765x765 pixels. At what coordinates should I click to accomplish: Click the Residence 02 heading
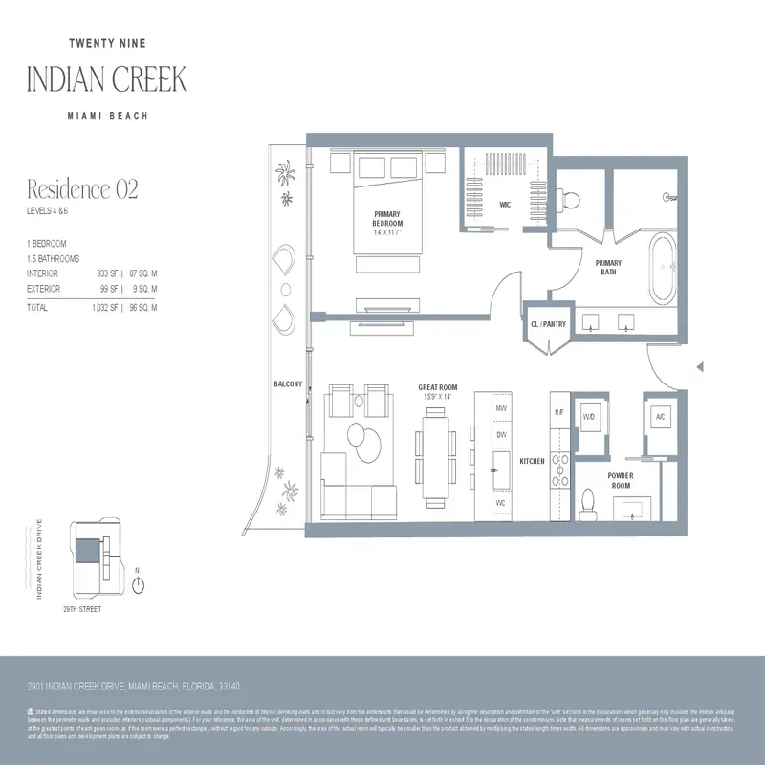click(x=82, y=189)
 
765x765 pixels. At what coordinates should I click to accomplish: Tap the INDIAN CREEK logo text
click(x=106, y=78)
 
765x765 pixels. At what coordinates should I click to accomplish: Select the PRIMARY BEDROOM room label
click(x=387, y=219)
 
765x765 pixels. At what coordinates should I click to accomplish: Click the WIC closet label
click(x=506, y=205)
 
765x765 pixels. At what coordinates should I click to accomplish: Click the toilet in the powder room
click(x=589, y=500)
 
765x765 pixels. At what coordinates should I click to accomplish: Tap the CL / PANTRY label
click(x=548, y=324)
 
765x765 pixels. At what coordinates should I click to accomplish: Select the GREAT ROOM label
click(x=440, y=388)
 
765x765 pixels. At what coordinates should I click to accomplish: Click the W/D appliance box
click(x=589, y=418)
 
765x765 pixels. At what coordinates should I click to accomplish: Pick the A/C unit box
click(x=660, y=418)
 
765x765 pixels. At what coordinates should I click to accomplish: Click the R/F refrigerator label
click(x=559, y=412)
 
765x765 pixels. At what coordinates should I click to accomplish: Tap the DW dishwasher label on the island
click(x=500, y=434)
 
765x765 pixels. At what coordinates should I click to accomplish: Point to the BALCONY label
click(x=287, y=384)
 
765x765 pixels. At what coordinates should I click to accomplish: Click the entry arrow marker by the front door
click(x=700, y=367)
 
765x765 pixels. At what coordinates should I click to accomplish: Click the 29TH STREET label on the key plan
click(x=82, y=608)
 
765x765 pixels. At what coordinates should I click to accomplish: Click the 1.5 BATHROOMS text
click(x=53, y=259)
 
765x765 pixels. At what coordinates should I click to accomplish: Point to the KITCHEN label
click(x=532, y=461)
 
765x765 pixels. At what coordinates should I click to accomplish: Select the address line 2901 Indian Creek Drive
click(x=134, y=687)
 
